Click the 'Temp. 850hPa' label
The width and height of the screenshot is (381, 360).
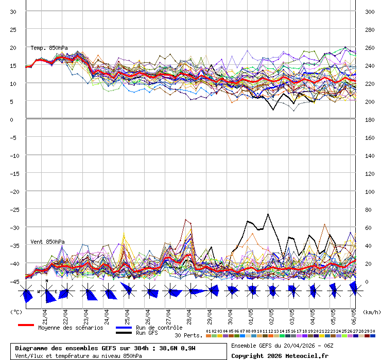49,48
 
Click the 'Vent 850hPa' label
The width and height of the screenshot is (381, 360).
47,242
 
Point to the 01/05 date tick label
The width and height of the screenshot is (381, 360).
251,314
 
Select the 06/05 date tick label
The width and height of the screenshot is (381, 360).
354,314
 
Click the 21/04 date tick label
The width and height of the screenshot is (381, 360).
45,314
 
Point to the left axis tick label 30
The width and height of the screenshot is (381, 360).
13,11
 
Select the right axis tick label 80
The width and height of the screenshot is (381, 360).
369,209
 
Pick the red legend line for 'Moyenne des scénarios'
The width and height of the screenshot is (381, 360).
26,325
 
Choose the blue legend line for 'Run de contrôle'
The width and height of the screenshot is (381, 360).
124,328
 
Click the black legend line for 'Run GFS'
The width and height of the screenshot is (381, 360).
124,333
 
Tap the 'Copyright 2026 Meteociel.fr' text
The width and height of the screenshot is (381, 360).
280,355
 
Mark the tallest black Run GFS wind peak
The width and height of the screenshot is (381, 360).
268,214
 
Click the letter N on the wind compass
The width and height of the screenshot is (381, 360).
46,281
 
